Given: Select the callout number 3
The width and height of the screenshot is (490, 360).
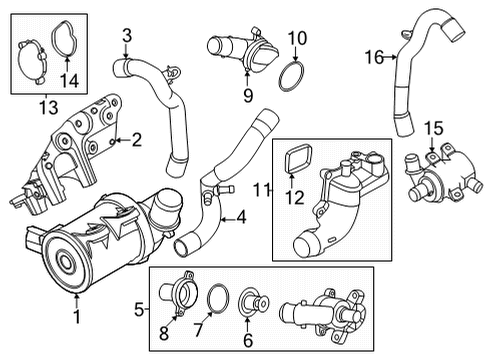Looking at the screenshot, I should (x=127, y=38).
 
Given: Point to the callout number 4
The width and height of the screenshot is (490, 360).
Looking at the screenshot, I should (x=240, y=216).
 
